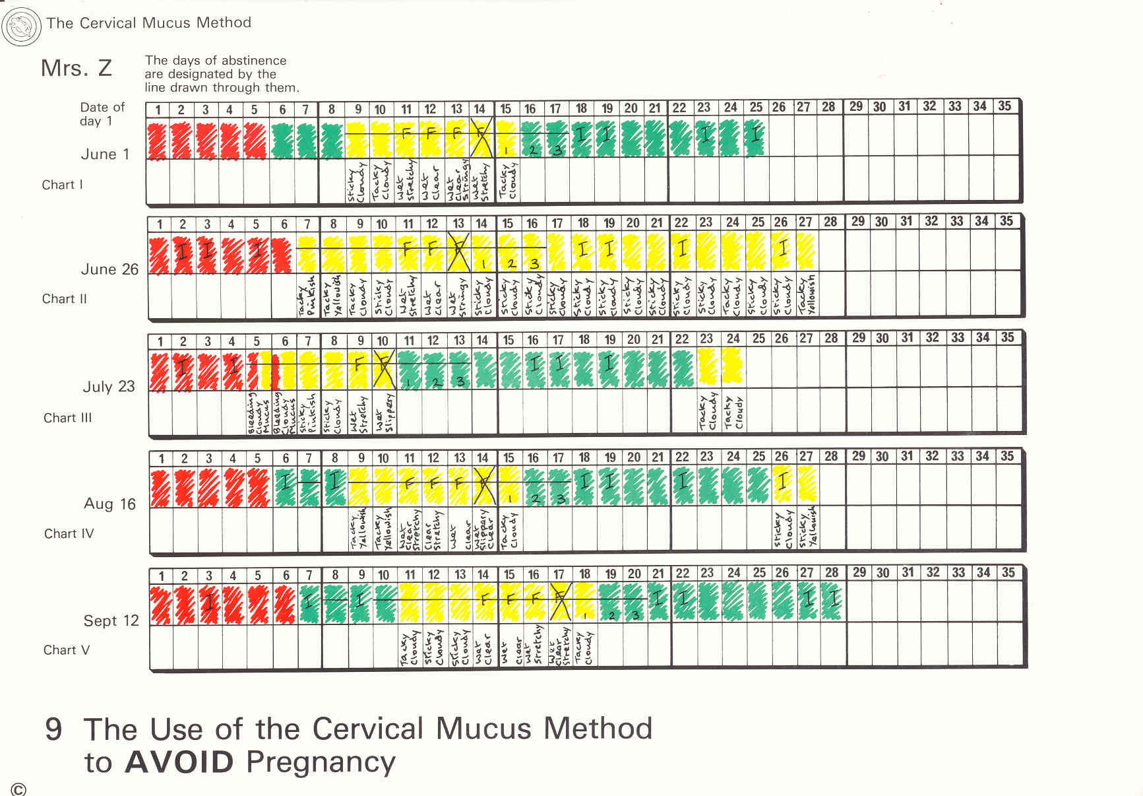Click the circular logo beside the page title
[22, 26]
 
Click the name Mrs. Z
[77, 68]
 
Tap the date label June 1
[105, 154]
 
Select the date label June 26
[109, 269]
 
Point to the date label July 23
[109, 387]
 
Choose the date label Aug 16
[109, 504]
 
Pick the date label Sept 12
[111, 621]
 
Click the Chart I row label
[63, 185]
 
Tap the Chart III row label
[68, 418]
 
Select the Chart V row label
[67, 650]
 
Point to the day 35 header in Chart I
[1004, 106]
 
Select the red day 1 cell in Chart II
[159, 255]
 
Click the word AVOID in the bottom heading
[179, 762]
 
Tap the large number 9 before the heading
[54, 729]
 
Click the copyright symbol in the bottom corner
[18, 789]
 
